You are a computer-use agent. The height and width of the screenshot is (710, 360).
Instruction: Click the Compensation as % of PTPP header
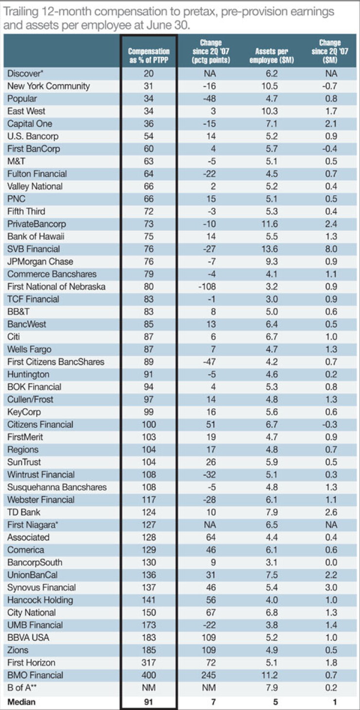pos(149,55)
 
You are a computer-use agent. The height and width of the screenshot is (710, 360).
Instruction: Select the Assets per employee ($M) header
pos(271,55)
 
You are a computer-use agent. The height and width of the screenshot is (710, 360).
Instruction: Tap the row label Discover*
pos(25,73)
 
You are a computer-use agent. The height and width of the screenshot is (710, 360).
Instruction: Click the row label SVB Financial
pos(34,249)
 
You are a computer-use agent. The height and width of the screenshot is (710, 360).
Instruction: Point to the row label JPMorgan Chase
pos(40,261)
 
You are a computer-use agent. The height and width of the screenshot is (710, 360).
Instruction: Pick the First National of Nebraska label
pos(56,287)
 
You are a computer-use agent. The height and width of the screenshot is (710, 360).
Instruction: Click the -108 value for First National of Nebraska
pos(207,287)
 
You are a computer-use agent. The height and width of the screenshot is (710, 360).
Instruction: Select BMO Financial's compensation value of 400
pos(149,675)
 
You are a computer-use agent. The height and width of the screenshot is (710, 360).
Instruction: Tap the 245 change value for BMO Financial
pos(209,675)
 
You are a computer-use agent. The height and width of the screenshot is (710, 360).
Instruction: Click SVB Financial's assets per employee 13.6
pos(270,249)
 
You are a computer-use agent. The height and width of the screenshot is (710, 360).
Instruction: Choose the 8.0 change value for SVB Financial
pos(331,249)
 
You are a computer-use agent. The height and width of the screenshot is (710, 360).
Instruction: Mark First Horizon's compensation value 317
pos(149,662)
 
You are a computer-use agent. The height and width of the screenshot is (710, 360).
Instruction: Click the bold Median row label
pos(21,702)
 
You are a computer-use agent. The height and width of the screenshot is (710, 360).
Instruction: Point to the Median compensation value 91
pos(148,702)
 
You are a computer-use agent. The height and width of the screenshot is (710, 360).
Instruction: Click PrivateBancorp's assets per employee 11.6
pos(270,224)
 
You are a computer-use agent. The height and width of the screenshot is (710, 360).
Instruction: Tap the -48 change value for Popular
pos(209,99)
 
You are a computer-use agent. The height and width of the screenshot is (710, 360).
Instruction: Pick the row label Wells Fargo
pos(29,349)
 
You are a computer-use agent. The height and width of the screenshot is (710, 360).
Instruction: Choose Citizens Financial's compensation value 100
pos(149,424)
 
